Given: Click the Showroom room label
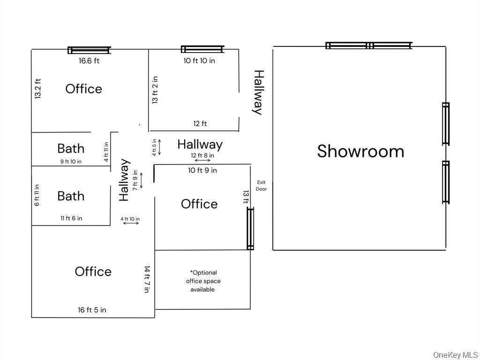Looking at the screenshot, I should (360, 151).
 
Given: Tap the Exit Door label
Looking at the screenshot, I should (261, 186).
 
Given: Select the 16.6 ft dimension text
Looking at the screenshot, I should (89, 60).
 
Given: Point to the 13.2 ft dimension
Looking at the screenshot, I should (38, 89).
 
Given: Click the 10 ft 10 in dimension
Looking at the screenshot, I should (199, 60).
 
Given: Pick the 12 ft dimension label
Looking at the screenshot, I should (200, 124).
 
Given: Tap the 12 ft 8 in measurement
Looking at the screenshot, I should (202, 155).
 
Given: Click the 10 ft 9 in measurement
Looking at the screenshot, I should (202, 170).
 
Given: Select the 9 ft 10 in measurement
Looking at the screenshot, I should (71, 162).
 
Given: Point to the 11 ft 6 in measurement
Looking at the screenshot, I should (71, 218).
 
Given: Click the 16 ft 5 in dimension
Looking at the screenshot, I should (92, 310).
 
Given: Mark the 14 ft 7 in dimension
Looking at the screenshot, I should (147, 279).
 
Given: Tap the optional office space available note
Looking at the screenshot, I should (203, 281).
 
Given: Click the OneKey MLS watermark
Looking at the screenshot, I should (455, 354).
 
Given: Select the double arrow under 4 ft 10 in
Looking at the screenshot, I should (131, 223).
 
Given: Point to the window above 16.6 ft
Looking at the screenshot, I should (89, 50).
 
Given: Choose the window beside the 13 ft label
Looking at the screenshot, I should (250, 229).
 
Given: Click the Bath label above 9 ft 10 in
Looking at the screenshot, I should (71, 149).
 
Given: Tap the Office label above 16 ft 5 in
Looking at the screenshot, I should (93, 271).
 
